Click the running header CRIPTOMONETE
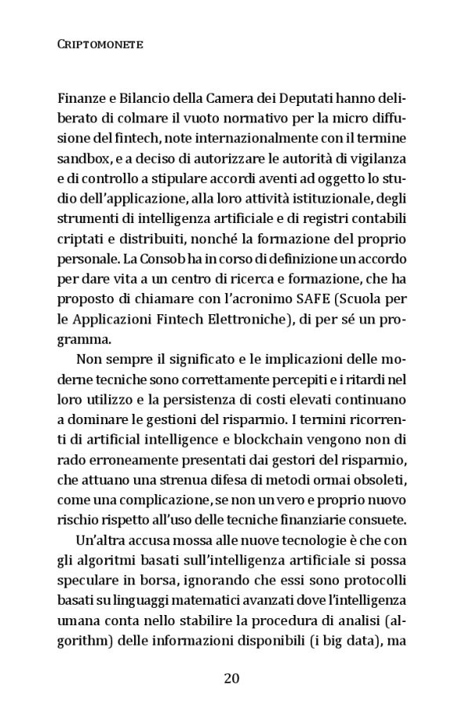(x=100, y=46)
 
